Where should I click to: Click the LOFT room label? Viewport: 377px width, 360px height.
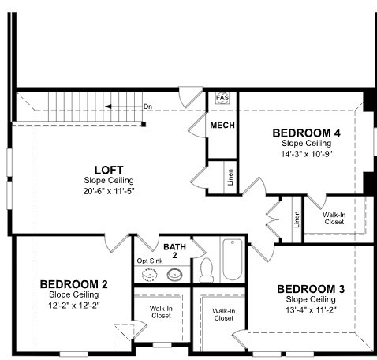coord(109,171)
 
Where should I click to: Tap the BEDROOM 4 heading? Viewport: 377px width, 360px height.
coord(306,133)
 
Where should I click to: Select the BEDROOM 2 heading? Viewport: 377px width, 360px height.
coord(74,284)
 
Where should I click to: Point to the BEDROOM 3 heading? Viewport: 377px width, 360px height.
coord(311,289)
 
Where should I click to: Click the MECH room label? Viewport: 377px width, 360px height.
coord(222,126)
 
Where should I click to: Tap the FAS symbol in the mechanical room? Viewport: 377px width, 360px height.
coord(222,98)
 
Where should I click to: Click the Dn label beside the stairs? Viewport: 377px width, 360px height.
coord(147,107)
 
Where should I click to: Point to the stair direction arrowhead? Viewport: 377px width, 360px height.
coord(108,107)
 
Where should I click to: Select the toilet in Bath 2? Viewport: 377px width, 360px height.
coord(207,270)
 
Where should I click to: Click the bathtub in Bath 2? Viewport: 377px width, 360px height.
coord(233,260)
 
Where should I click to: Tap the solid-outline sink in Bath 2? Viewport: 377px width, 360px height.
coord(174,275)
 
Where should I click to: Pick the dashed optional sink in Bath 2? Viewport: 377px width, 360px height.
coord(149,275)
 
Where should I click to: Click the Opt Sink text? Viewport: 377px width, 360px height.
coord(150,261)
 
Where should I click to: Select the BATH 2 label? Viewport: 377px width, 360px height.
coord(175,251)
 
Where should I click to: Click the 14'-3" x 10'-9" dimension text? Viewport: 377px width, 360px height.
coord(307,154)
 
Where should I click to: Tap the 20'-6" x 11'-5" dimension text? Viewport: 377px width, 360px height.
coord(109,191)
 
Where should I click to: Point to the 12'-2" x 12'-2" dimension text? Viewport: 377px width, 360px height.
coord(74,306)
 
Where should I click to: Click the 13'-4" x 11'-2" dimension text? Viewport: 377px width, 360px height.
coord(311,310)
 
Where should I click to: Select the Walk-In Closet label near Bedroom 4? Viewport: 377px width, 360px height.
coord(334,219)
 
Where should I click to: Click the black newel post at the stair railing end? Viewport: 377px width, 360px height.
coord(144,124)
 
